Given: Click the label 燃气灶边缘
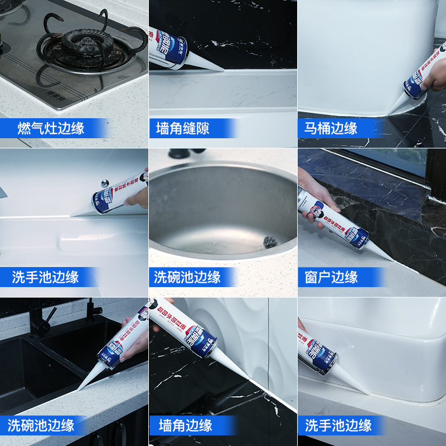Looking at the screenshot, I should (x=51, y=129).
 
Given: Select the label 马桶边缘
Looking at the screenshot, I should (x=331, y=129).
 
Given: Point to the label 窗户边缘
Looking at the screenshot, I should (x=331, y=277).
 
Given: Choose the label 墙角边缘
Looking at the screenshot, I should (x=186, y=426).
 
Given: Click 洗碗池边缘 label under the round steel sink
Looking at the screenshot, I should (x=187, y=277).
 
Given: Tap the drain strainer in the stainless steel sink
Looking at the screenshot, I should (x=271, y=242).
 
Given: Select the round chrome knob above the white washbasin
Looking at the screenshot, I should (x=105, y=182).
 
